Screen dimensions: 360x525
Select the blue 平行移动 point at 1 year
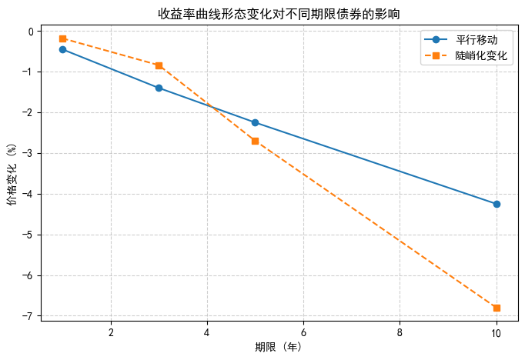click(x=62, y=49)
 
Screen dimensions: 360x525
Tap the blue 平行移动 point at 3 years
click(x=159, y=88)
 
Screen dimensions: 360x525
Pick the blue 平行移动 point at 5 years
click(x=255, y=122)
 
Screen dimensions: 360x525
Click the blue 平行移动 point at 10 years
click(x=497, y=204)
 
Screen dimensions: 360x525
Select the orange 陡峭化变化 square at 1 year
click(x=62, y=38)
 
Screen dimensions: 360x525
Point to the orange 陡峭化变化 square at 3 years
click(x=159, y=65)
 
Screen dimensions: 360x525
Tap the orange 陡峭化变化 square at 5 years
click(x=255, y=141)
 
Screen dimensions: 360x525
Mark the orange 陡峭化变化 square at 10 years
click(x=497, y=308)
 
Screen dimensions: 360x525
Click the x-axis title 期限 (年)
click(x=279, y=347)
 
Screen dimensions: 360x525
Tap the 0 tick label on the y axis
click(x=31, y=32)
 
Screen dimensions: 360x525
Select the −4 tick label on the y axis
click(x=28, y=194)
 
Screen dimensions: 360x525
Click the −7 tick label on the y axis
click(x=28, y=316)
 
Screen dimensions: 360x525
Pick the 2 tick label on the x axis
click(x=111, y=332)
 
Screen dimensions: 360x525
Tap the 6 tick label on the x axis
click(x=303, y=332)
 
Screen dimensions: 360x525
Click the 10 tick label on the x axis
click(x=497, y=332)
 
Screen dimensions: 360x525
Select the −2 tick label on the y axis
click(x=28, y=113)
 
